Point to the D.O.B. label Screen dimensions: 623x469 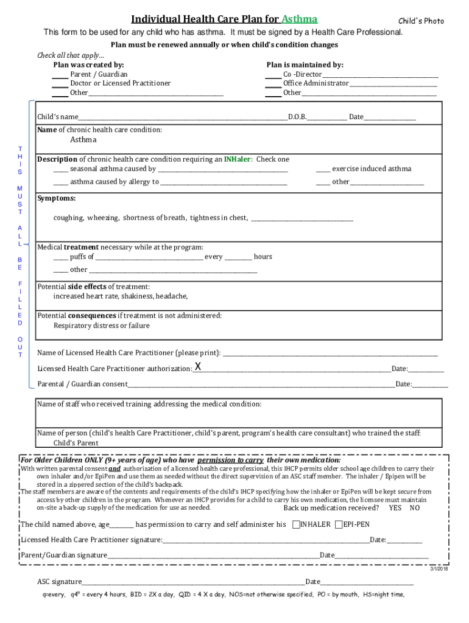(297, 117)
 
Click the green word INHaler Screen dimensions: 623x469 (238, 159)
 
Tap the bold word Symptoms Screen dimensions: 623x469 (57, 198)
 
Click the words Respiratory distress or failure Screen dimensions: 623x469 (101, 325)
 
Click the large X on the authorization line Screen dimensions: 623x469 (198, 366)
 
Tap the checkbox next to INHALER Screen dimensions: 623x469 (296, 524)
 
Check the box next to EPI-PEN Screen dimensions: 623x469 (339, 524)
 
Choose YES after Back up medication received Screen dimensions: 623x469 (395, 508)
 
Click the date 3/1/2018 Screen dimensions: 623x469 (439, 568)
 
